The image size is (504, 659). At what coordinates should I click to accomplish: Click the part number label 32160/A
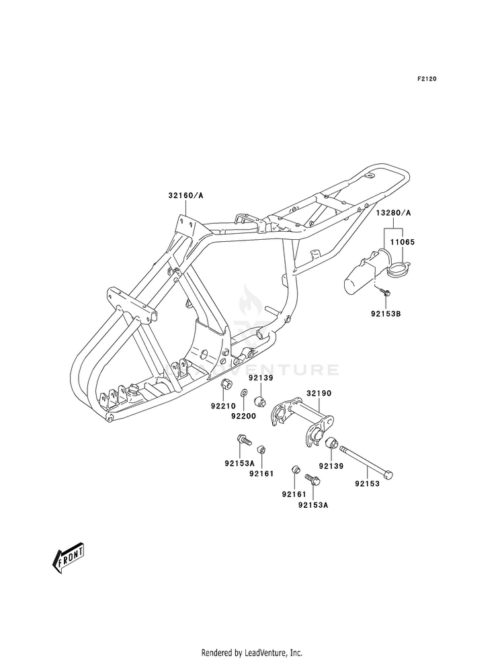click(185, 195)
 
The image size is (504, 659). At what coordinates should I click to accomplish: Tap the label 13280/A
click(393, 213)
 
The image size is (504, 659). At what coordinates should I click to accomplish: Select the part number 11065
click(403, 242)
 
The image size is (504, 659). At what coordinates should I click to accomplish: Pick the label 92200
click(243, 416)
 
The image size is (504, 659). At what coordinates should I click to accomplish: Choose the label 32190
click(319, 394)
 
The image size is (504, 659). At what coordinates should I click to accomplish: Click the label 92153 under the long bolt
click(367, 484)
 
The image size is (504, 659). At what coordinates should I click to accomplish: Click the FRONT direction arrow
click(69, 558)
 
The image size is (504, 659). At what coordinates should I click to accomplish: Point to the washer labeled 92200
click(243, 394)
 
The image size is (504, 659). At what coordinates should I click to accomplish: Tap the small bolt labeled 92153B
click(384, 290)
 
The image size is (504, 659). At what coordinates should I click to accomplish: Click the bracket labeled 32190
click(302, 421)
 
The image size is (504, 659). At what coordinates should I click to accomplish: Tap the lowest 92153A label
click(313, 505)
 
